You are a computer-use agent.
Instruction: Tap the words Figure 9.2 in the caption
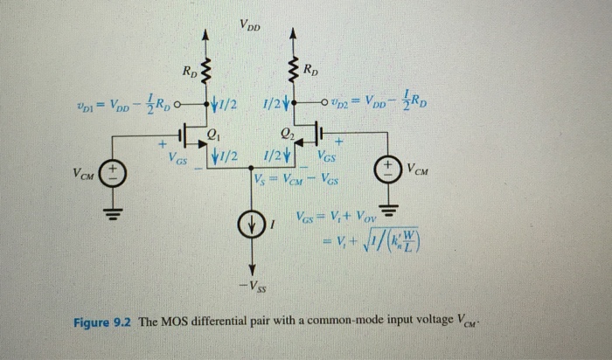point(103,320)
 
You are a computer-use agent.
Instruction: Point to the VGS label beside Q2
point(325,157)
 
